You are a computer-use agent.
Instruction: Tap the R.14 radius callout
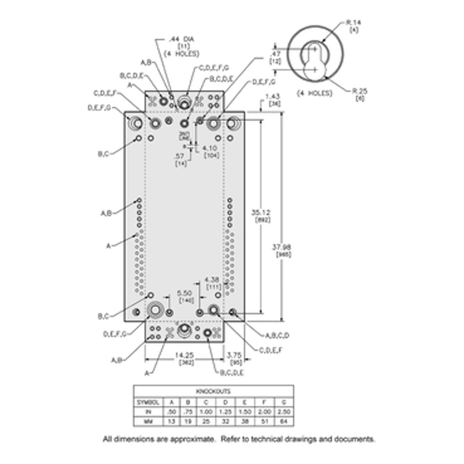click(353, 23)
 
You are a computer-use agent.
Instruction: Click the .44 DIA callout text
click(181, 39)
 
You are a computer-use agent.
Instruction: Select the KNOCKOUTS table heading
click(213, 391)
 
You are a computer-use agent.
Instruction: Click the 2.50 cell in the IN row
click(284, 412)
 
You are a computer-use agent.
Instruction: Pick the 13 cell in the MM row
click(171, 421)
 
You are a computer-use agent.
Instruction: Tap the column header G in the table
click(284, 402)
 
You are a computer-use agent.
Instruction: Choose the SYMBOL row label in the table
click(148, 402)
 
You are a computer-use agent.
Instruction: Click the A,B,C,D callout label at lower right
click(277, 336)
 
